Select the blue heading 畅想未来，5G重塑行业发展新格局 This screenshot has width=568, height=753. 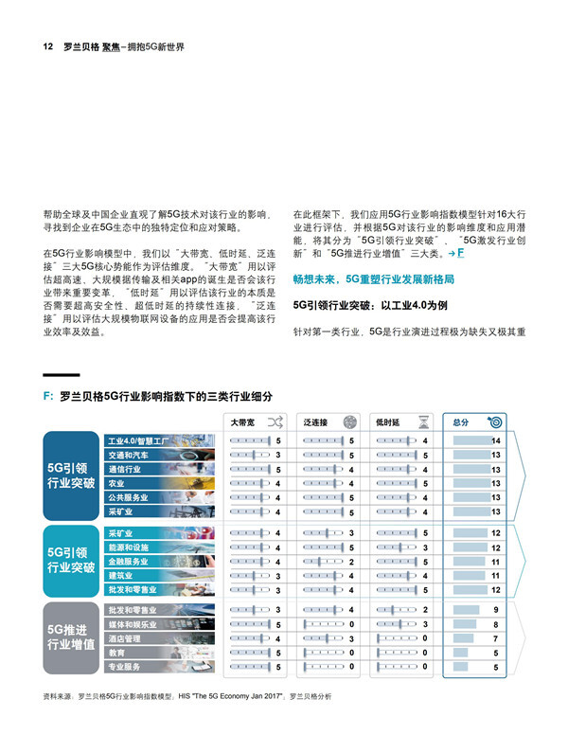click(x=373, y=279)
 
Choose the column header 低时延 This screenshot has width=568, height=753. click(x=389, y=421)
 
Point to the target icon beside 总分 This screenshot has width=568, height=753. click(x=496, y=421)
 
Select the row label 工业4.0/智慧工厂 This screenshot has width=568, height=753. click(x=138, y=441)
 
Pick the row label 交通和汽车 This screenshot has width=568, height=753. click(x=129, y=456)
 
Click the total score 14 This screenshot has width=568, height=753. click(x=495, y=441)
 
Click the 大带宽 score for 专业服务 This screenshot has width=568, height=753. click(x=278, y=667)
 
